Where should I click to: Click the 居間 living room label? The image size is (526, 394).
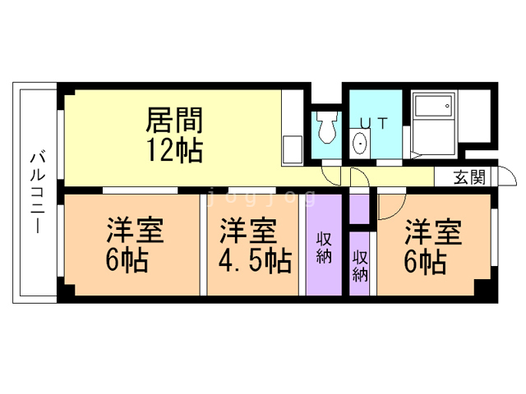(x=174, y=120)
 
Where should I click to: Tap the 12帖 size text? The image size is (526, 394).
(x=175, y=150)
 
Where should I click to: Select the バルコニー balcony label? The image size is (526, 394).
(x=38, y=193)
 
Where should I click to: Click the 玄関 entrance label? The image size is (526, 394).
(x=469, y=177)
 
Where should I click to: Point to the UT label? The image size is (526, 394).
(x=374, y=123)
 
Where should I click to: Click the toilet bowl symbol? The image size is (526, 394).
(x=327, y=127)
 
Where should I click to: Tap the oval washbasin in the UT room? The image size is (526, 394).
(x=361, y=143)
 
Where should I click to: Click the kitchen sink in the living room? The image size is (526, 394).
(x=293, y=149)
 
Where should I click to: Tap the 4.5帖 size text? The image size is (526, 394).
(x=255, y=261)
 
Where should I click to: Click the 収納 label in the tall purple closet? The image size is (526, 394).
(x=324, y=248)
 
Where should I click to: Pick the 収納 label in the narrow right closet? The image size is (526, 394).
(x=360, y=266)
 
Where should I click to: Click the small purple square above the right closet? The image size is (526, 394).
(x=359, y=209)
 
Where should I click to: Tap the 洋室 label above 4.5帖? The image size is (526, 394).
(x=248, y=231)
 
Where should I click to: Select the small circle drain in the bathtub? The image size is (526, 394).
(x=447, y=106)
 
